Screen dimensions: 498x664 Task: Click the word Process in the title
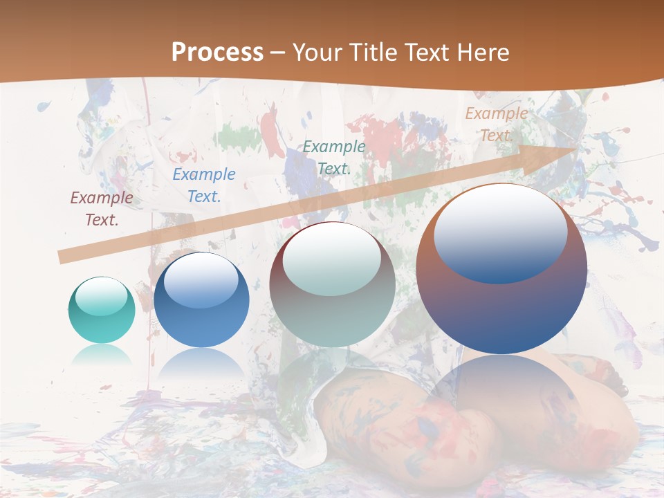217,53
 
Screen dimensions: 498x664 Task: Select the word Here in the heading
481,53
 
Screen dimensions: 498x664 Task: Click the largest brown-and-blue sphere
501,269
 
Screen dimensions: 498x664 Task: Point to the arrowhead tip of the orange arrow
577,148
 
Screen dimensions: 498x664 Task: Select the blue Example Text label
204,185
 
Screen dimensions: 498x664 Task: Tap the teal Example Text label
334,157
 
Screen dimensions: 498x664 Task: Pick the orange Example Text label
497,124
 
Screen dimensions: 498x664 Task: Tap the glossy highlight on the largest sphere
501,234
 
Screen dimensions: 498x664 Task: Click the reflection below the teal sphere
102,355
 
